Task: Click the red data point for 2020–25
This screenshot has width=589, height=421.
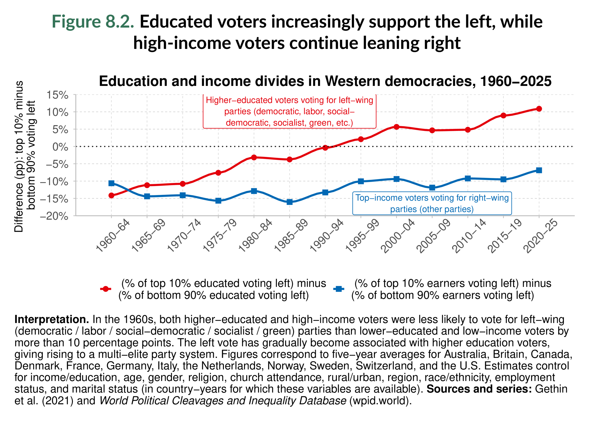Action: [539, 109]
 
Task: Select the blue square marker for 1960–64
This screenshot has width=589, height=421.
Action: [111, 183]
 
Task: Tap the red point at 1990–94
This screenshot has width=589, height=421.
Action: [325, 148]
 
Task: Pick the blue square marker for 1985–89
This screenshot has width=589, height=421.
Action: [290, 202]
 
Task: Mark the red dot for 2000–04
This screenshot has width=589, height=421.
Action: [396, 127]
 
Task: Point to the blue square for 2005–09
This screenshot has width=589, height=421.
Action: [432, 187]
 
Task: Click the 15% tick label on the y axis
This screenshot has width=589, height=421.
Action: [57, 95]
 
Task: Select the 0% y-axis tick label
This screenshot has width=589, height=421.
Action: [60, 147]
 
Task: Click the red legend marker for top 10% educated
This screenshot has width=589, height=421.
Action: [106, 289]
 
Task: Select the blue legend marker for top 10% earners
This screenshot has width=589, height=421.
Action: [339, 289]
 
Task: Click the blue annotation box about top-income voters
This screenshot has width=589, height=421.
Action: [432, 203]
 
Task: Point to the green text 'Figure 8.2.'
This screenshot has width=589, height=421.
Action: [93, 21]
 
